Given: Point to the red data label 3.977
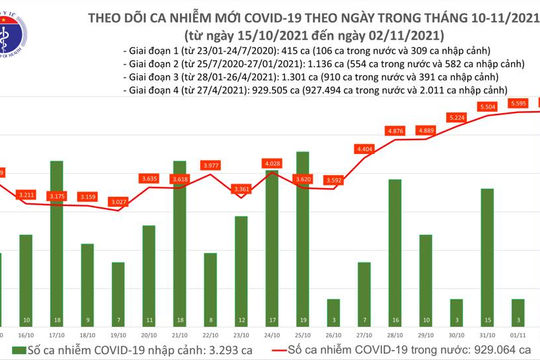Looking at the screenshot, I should coord(211,165).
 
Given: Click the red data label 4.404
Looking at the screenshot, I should coord(365,148).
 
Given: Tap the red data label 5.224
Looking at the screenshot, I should coord(457,118).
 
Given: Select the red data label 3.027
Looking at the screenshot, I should coord(119,201).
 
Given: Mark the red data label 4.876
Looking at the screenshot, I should coord(395,130).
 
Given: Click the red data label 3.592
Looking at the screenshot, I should coord(334,181).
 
